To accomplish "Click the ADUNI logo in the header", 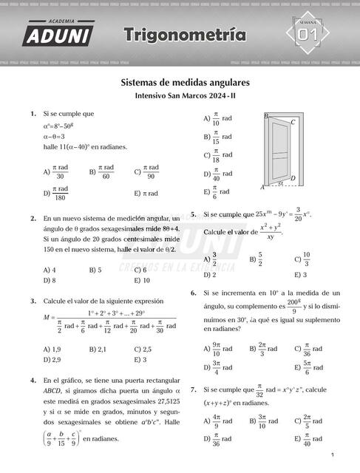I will point(58,33).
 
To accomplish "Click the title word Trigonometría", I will point(185,35).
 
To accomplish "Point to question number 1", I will point(33,114).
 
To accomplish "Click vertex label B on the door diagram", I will point(266,116).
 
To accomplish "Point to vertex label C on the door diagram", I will point(293,122).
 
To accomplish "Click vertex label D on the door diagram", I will point(293,178).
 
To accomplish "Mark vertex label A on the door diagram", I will point(262,188).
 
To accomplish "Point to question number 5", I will point(194,214).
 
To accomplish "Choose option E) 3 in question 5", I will point(300,274).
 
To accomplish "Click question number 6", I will point(194,293).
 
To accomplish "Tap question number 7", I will point(194,389).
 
